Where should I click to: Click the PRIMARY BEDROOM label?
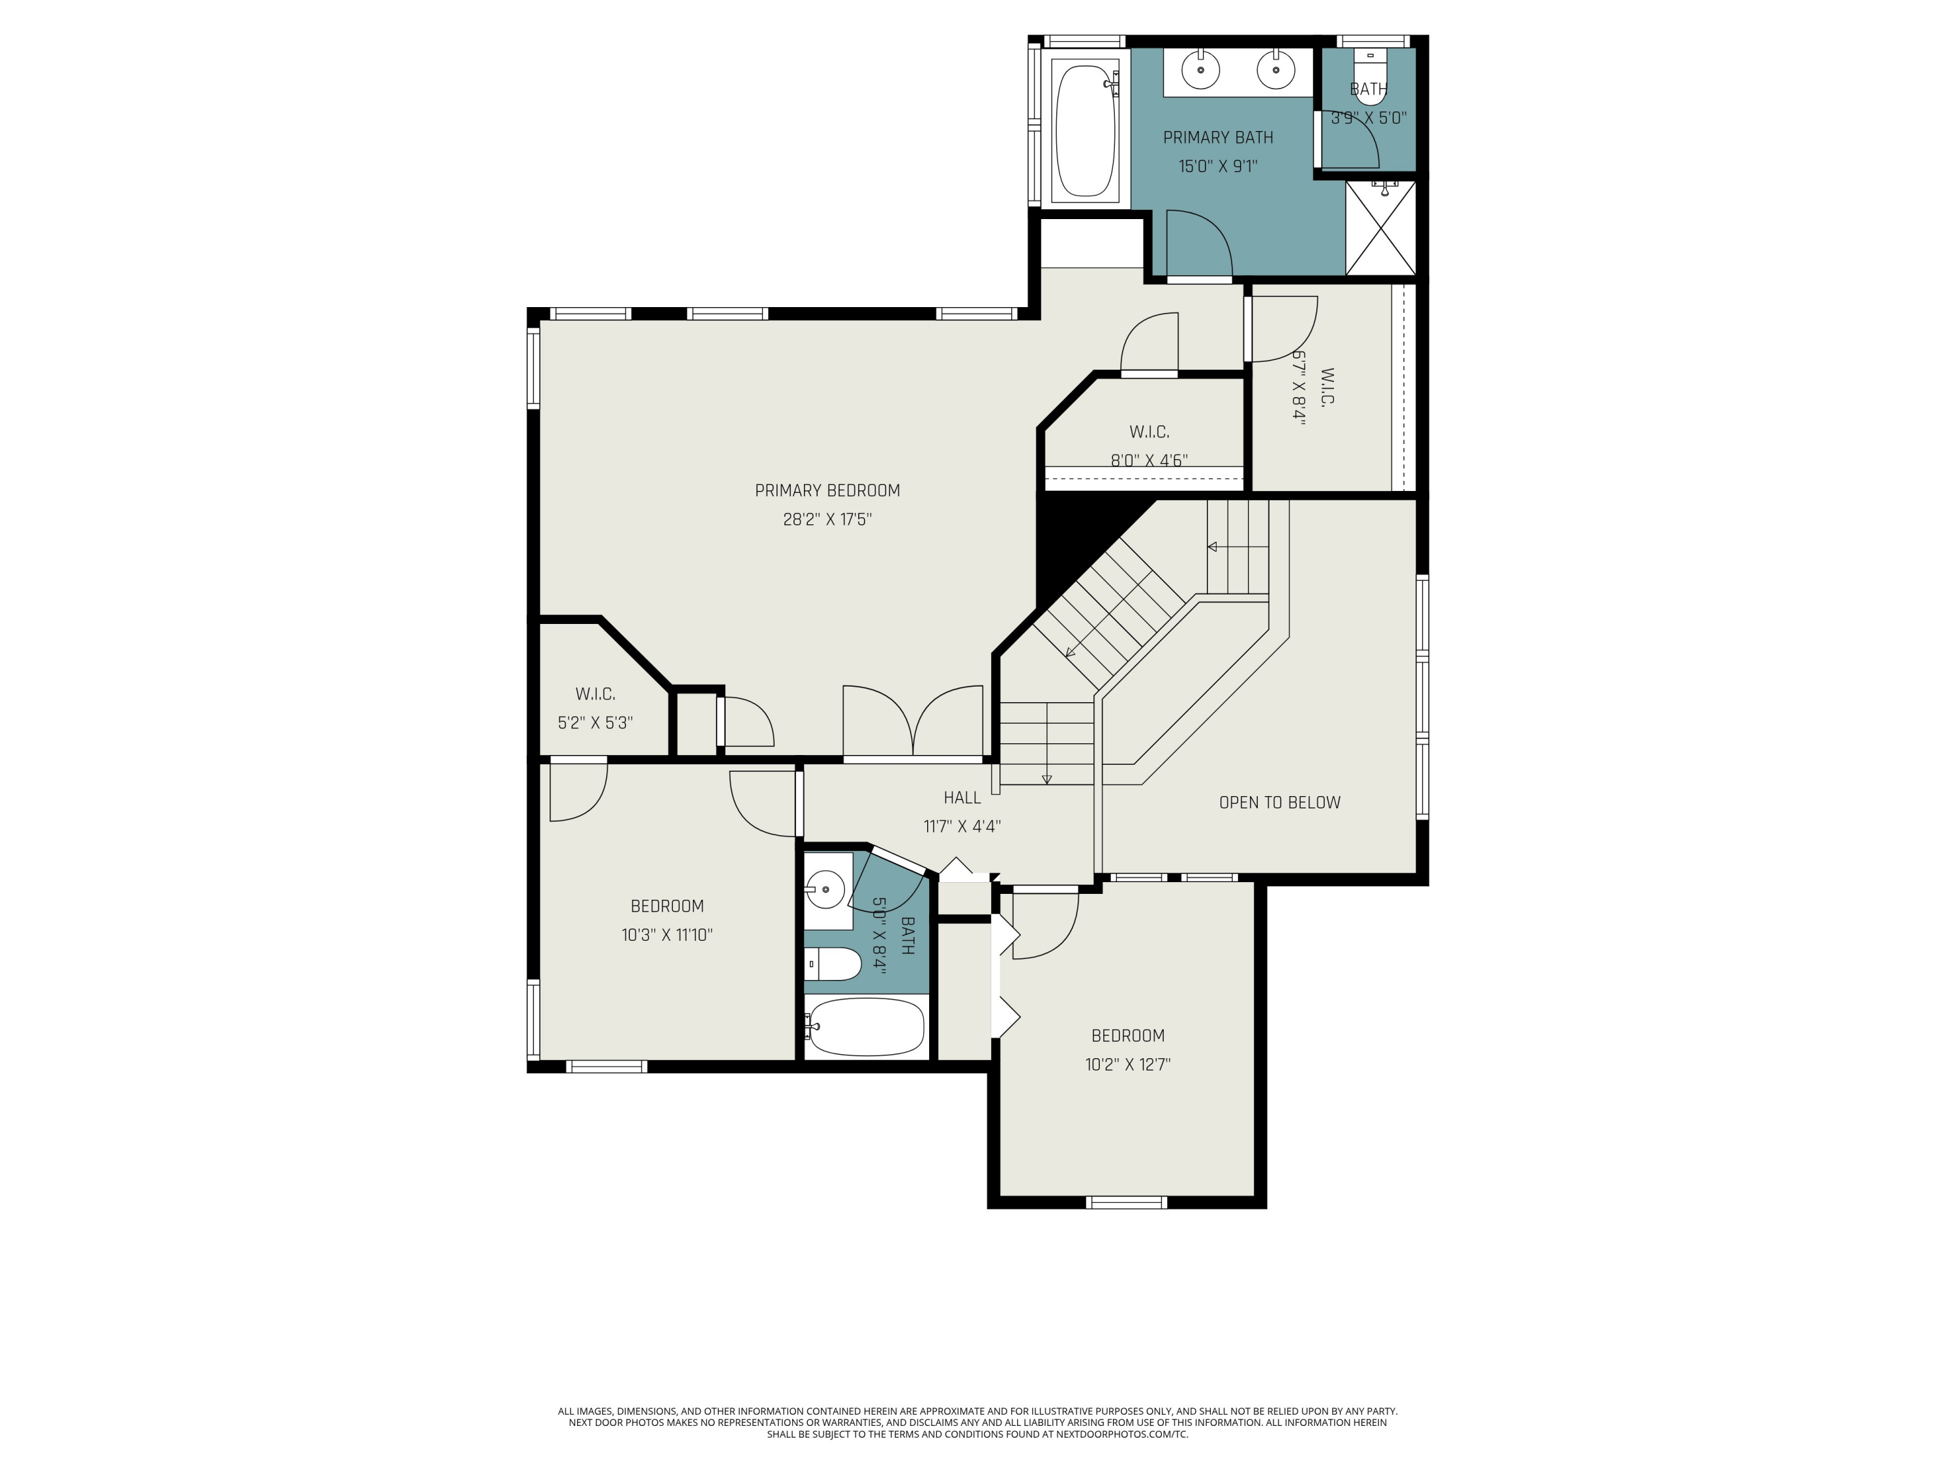(827, 491)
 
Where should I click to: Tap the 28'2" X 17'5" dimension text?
(827, 520)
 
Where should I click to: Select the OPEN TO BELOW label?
(1279, 803)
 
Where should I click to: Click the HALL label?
(962, 797)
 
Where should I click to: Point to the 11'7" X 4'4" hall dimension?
(962, 827)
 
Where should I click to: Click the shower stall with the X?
(1380, 228)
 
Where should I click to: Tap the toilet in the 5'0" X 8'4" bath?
(834, 964)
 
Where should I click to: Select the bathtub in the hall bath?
(867, 1027)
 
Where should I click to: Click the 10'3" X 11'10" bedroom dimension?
(667, 936)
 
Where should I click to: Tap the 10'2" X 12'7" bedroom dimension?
(1127, 1065)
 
